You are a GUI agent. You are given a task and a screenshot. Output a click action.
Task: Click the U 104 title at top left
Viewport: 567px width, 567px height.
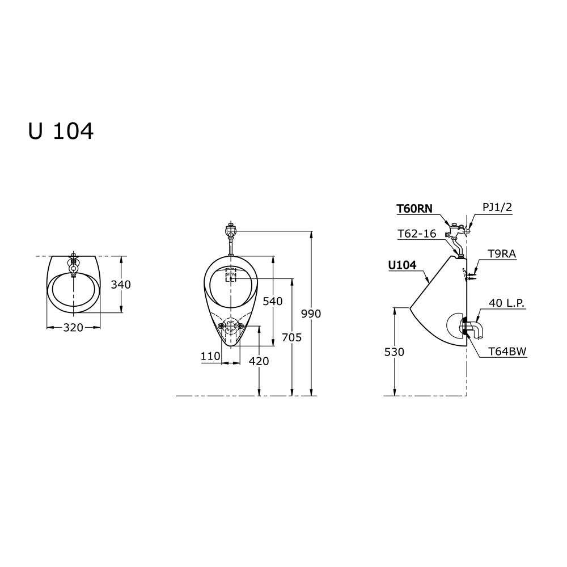click(61, 131)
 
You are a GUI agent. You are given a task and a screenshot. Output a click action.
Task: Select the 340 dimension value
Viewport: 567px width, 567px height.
click(121, 285)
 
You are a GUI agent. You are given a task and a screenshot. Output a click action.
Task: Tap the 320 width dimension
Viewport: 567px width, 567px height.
click(73, 327)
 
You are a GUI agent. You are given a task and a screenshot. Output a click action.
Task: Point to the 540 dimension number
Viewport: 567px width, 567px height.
click(273, 301)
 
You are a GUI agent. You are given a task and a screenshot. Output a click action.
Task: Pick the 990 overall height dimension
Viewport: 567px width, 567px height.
click(311, 314)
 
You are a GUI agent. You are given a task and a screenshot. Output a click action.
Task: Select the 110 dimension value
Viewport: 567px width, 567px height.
click(210, 356)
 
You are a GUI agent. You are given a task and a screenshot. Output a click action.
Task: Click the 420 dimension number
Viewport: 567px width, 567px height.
click(259, 361)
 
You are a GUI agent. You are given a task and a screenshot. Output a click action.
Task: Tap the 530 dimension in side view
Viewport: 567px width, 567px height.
click(394, 352)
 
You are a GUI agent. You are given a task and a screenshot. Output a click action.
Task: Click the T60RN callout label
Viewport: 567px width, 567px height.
click(414, 209)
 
